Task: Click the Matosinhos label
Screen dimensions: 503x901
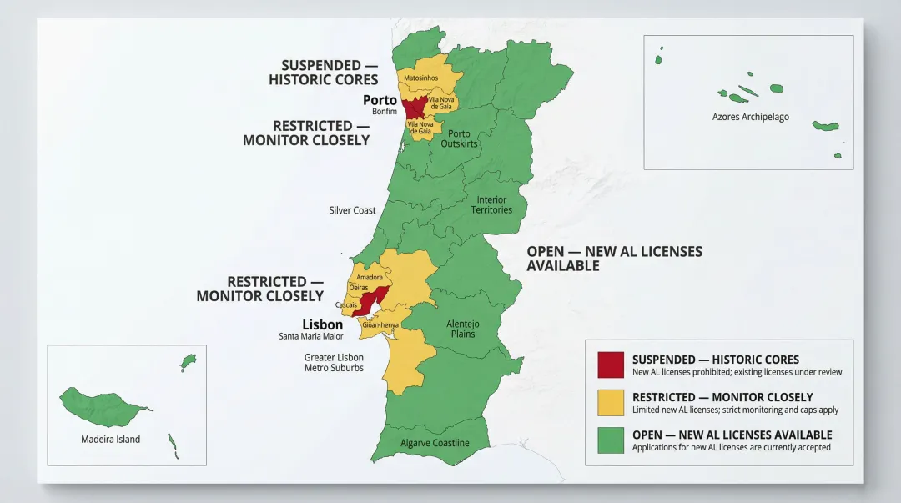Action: tap(420, 78)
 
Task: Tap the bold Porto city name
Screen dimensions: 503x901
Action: tap(380, 100)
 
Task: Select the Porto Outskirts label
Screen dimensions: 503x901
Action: tap(459, 138)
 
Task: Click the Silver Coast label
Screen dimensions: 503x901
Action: tap(352, 210)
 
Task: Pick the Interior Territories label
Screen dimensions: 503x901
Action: tap(491, 204)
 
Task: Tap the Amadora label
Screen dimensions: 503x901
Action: tap(369, 277)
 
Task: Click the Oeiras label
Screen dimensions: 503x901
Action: tap(359, 288)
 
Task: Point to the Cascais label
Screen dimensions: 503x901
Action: tap(346, 304)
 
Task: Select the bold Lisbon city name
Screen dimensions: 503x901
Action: tap(322, 324)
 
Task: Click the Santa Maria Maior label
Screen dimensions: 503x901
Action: tap(310, 336)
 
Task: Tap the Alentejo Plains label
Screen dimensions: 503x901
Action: tap(461, 329)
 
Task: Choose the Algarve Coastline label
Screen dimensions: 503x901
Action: tap(435, 443)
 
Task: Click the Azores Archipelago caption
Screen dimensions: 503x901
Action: tap(750, 117)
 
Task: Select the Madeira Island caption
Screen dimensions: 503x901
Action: tap(110, 439)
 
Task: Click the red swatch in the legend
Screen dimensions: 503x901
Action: tap(611, 365)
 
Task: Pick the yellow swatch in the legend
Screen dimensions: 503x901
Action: tap(611, 403)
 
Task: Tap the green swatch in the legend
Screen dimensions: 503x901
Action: tap(611, 440)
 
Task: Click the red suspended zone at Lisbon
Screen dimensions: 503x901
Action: tap(371, 300)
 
